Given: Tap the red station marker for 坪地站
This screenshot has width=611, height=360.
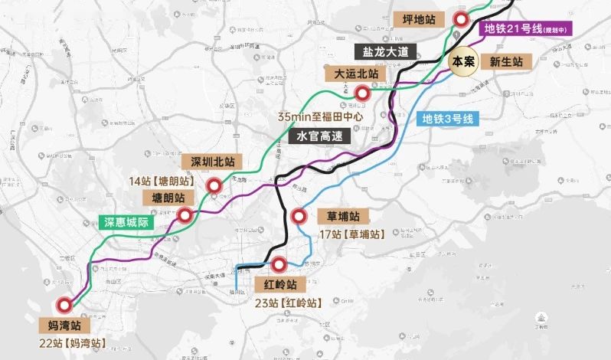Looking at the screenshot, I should [x=460, y=20].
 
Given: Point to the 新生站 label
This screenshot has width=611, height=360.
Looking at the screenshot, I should [x=506, y=61].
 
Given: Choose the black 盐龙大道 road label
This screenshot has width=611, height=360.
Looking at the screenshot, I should [x=387, y=52].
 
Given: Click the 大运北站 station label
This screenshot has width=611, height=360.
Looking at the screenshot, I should [x=352, y=74].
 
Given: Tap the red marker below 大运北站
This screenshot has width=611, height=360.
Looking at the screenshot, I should [x=363, y=93].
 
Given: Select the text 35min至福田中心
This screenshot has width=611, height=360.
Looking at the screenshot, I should [x=319, y=117].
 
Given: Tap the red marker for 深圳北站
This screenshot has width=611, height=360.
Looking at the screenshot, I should [x=214, y=185].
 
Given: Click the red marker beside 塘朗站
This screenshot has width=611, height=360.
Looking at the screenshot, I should [x=185, y=215].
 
